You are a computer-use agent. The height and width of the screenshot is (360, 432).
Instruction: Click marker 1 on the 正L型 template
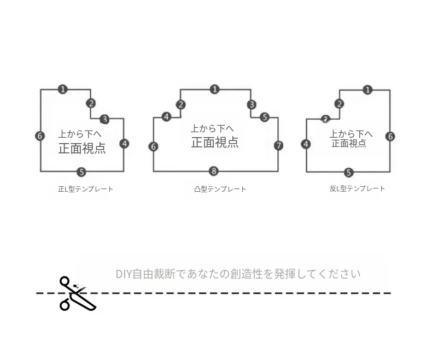pos(63,90)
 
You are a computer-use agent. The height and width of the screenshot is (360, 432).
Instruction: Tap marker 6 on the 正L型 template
pos(40,135)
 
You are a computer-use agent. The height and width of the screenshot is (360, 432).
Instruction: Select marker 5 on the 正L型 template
pos(81,172)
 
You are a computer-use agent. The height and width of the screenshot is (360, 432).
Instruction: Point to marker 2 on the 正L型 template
pos(91,103)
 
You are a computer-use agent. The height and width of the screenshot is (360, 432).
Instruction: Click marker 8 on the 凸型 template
pos(214,171)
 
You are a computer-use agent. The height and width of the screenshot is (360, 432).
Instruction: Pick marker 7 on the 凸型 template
pos(278,145)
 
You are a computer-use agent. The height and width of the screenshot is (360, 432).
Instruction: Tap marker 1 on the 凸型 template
pos(214,90)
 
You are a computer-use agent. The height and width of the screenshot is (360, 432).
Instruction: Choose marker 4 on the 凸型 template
pos(166,117)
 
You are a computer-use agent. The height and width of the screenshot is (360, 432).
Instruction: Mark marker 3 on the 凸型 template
pos(251,104)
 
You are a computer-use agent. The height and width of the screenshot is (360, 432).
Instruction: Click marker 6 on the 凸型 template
pos(154,146)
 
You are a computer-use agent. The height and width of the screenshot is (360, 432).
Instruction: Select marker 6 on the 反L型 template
pos(390,136)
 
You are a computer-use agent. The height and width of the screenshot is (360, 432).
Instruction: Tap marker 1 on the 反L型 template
pos(367,90)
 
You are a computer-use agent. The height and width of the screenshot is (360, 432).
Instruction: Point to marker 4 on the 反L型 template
pos(306,144)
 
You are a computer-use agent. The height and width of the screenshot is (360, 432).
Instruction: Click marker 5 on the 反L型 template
pos(348,173)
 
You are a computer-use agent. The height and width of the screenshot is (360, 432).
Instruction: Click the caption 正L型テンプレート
pos(86,189)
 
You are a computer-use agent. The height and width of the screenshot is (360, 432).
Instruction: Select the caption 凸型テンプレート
pos(220,189)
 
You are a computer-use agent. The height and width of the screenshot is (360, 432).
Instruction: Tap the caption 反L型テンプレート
pos(357,188)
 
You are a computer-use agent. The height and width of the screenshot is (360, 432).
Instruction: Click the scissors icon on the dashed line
pos(78,294)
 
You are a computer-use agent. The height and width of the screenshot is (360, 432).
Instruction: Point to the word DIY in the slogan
pos(124,274)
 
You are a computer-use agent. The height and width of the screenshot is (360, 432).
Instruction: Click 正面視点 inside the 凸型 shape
pos(215,142)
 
